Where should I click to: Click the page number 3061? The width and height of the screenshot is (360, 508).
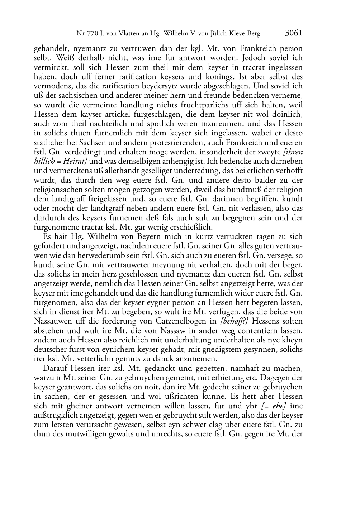click(294, 33)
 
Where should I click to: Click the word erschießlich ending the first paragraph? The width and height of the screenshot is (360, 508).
click(194, 227)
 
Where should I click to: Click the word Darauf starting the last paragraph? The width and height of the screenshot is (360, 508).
click(54, 368)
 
